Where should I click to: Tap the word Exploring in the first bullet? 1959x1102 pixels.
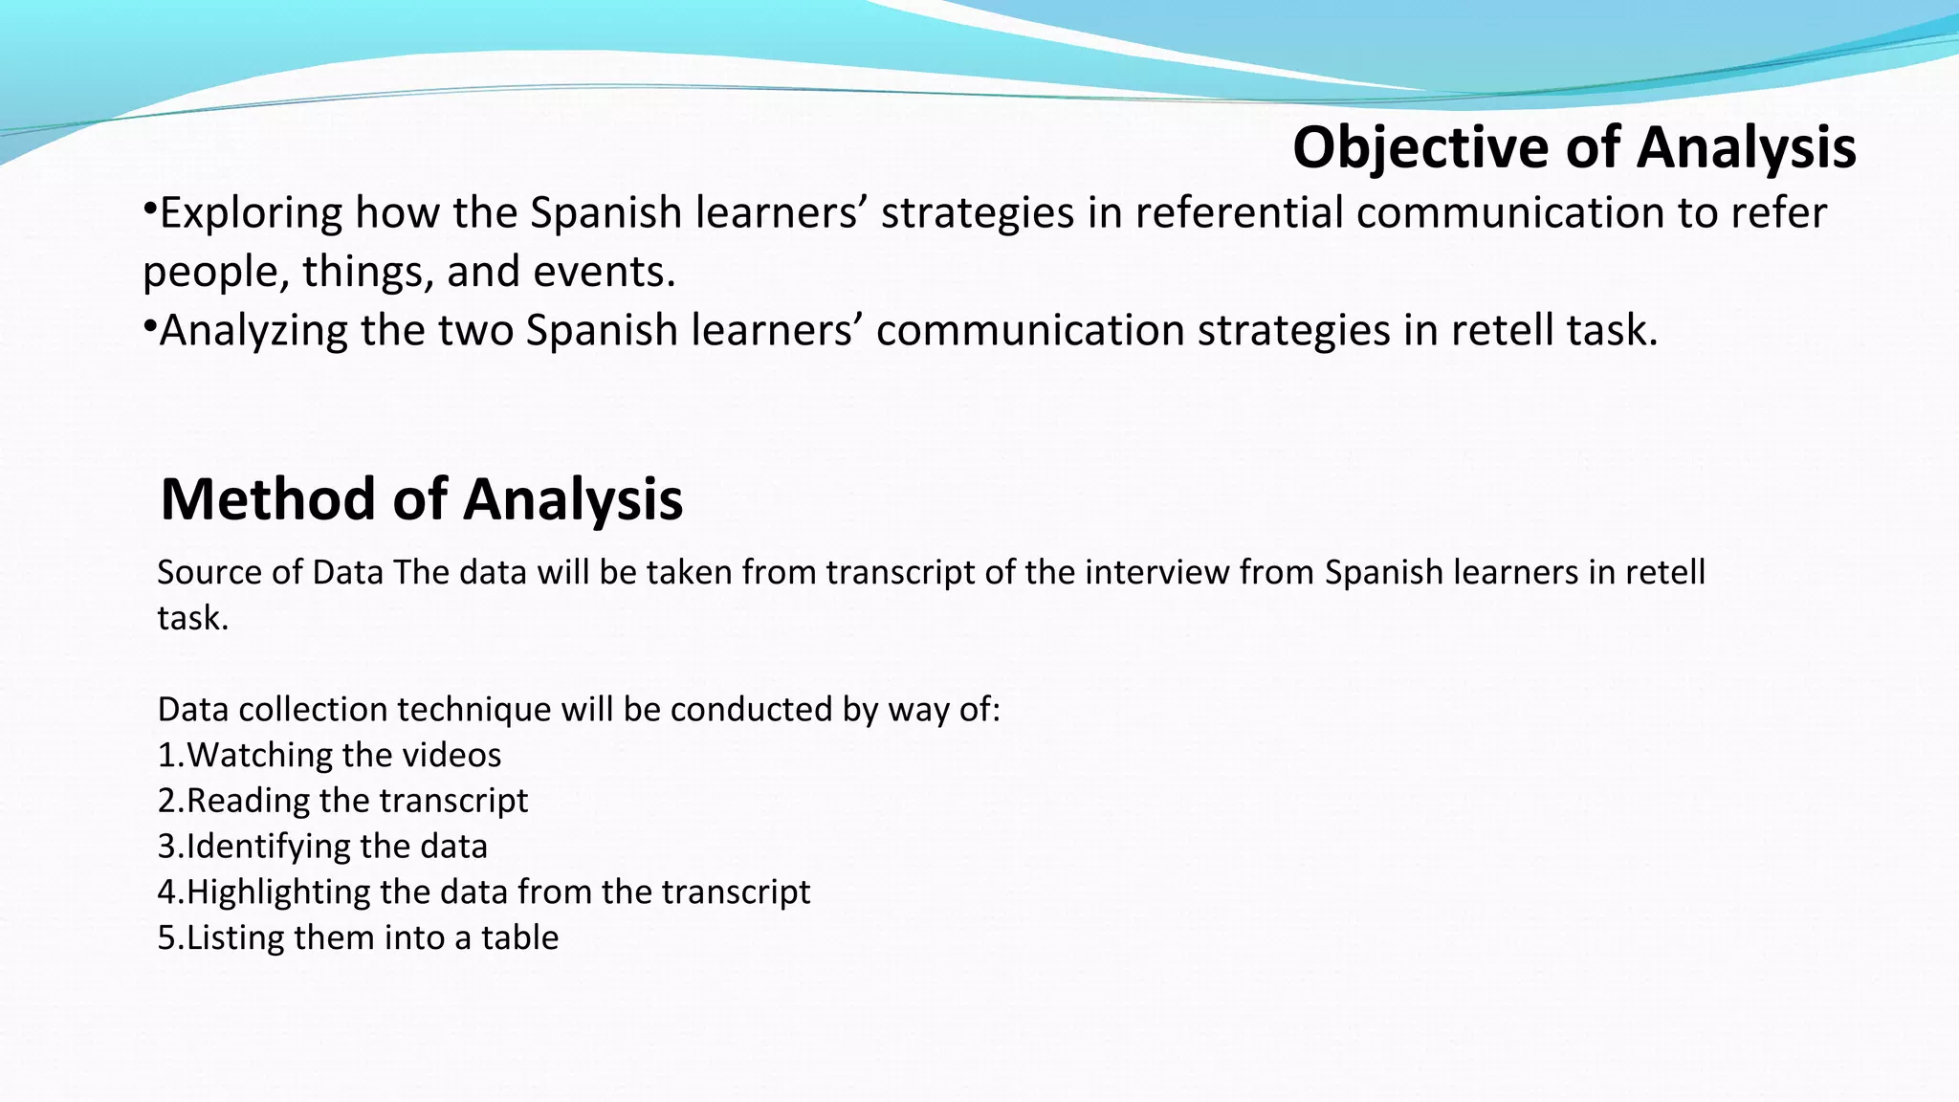click(251, 213)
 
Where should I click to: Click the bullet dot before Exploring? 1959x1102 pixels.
click(149, 209)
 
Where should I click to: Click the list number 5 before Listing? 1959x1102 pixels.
click(166, 938)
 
